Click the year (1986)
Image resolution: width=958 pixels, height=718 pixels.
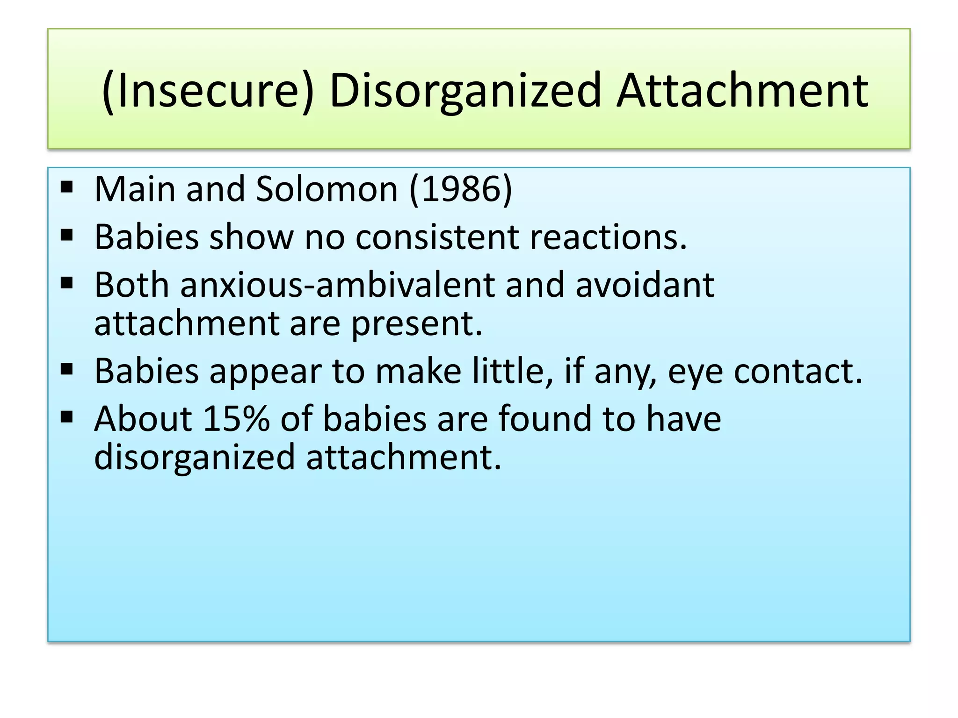(461, 189)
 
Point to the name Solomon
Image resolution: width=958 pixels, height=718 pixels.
(327, 189)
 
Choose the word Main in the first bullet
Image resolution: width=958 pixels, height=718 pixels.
(135, 189)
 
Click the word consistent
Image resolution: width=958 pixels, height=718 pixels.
(437, 237)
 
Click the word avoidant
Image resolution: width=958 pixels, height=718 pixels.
(645, 285)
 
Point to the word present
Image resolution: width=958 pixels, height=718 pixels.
(416, 323)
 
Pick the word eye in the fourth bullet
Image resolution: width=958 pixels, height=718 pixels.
(695, 371)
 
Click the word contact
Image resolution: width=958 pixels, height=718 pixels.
(798, 371)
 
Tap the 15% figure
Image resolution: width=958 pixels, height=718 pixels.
(236, 418)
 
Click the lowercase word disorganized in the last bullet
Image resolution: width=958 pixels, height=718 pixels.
(195, 457)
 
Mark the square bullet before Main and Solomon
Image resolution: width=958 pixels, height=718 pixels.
(67, 187)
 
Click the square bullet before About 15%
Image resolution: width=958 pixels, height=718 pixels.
(67, 416)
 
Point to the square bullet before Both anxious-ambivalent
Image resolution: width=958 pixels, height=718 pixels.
(67, 283)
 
